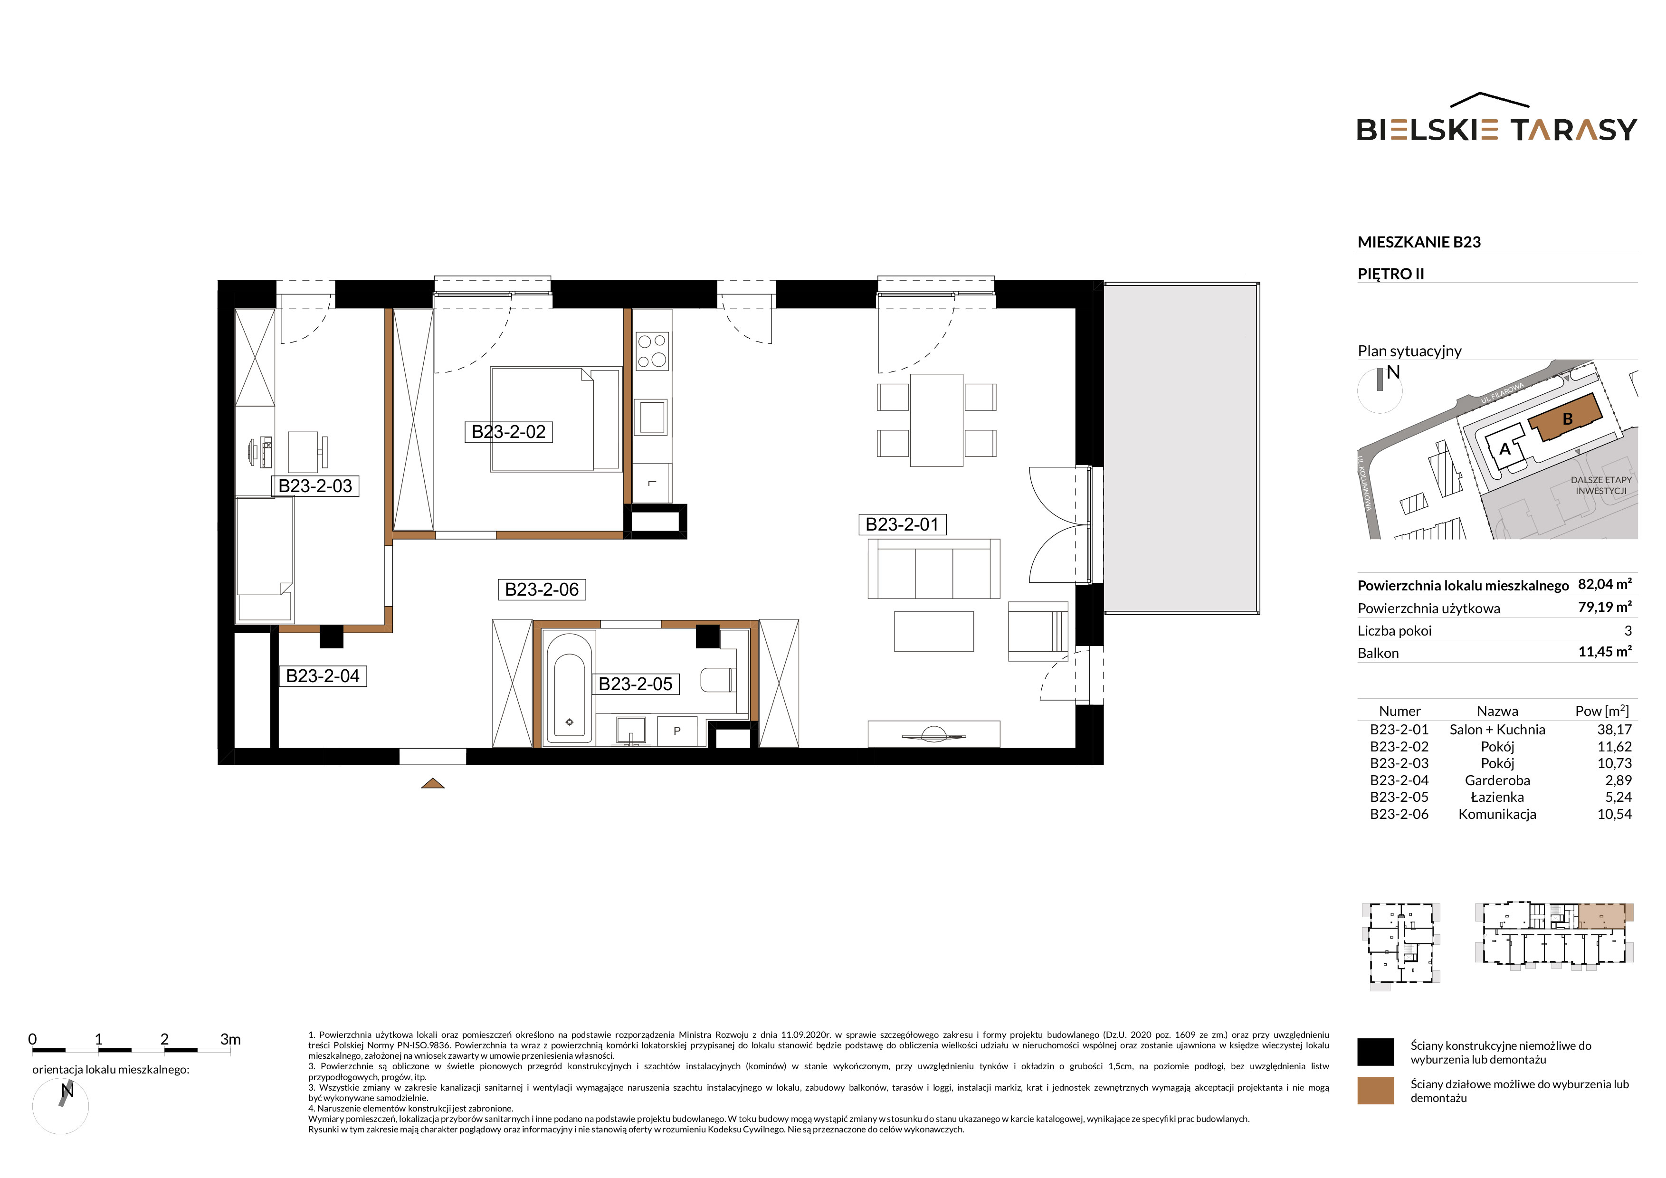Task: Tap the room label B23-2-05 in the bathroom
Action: pos(635,684)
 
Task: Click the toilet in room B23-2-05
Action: pos(718,680)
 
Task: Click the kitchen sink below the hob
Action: pos(652,417)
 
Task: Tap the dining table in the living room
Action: pos(937,420)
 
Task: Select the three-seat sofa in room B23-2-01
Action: pos(934,569)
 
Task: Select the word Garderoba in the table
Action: pos(1497,780)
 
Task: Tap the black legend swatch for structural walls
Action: pos(1376,1052)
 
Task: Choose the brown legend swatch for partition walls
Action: pos(1376,1090)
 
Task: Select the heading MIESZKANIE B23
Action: pos(1418,242)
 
